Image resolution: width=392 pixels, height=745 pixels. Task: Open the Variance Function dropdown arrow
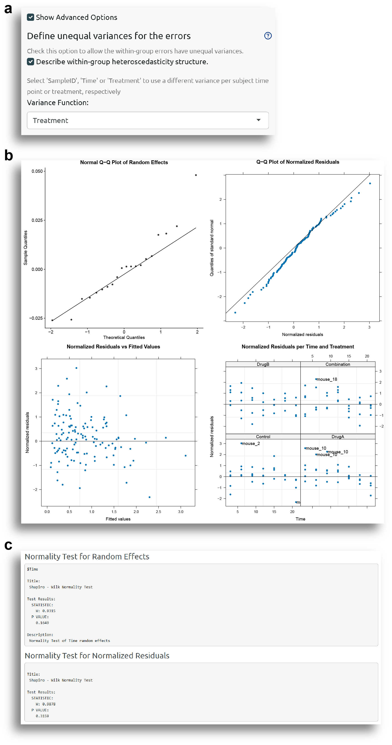pos(258,120)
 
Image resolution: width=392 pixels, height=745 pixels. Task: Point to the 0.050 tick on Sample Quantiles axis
pos(37,171)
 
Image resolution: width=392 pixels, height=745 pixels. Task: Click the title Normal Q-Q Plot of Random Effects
pos(124,163)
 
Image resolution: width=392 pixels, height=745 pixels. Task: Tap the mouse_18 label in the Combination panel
pos(327,379)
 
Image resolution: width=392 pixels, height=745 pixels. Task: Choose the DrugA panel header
pos(338,437)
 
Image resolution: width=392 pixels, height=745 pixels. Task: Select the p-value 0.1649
pos(42,623)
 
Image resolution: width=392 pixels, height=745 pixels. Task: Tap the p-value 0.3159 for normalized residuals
pos(42,716)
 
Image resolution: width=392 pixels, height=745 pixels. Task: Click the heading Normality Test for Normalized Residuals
pos(97,656)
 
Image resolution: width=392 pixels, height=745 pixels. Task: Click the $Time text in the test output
pos(32,569)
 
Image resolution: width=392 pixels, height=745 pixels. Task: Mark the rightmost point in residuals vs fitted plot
pos(185,456)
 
